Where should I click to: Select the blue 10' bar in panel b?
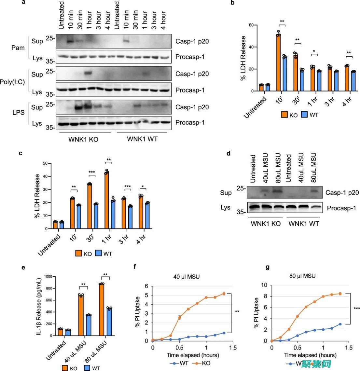click(x=285, y=74)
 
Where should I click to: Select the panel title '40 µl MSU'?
click(x=186, y=277)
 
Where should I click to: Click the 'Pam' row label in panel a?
click(x=18, y=48)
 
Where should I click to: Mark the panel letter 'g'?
click(x=268, y=267)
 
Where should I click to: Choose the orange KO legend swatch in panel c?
click(x=79, y=254)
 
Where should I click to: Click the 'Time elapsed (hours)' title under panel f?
click(x=193, y=355)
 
